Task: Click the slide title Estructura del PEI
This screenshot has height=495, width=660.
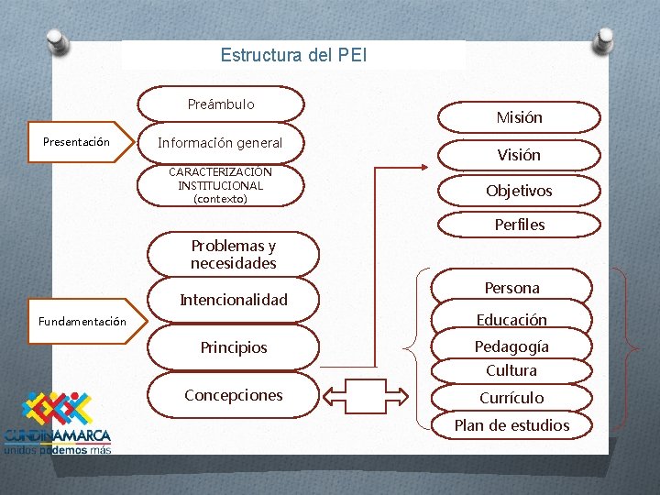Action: tap(293, 55)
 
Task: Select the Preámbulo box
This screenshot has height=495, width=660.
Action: tap(221, 104)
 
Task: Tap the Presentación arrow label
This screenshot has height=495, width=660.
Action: tap(77, 142)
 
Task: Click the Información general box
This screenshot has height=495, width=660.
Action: tap(220, 143)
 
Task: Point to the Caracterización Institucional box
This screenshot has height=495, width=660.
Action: tap(220, 185)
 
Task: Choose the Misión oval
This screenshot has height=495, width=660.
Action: tap(519, 117)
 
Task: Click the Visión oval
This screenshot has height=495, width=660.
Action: tap(519, 155)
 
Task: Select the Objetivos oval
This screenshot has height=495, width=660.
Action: tap(519, 191)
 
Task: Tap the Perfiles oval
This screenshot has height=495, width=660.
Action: tap(519, 225)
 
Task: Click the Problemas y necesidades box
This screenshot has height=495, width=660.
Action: tap(233, 255)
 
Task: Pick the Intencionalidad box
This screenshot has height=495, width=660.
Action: tap(233, 300)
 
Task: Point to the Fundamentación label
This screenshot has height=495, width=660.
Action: tap(82, 322)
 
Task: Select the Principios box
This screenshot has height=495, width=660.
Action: tap(233, 348)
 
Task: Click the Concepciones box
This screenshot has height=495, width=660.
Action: tap(233, 395)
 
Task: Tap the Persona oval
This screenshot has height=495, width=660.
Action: tap(511, 288)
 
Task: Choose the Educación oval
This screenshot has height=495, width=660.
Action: tap(511, 320)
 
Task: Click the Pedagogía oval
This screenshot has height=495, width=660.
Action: tap(511, 346)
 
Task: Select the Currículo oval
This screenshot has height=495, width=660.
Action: tap(511, 398)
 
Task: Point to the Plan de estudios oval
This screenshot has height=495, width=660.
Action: tap(511, 425)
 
